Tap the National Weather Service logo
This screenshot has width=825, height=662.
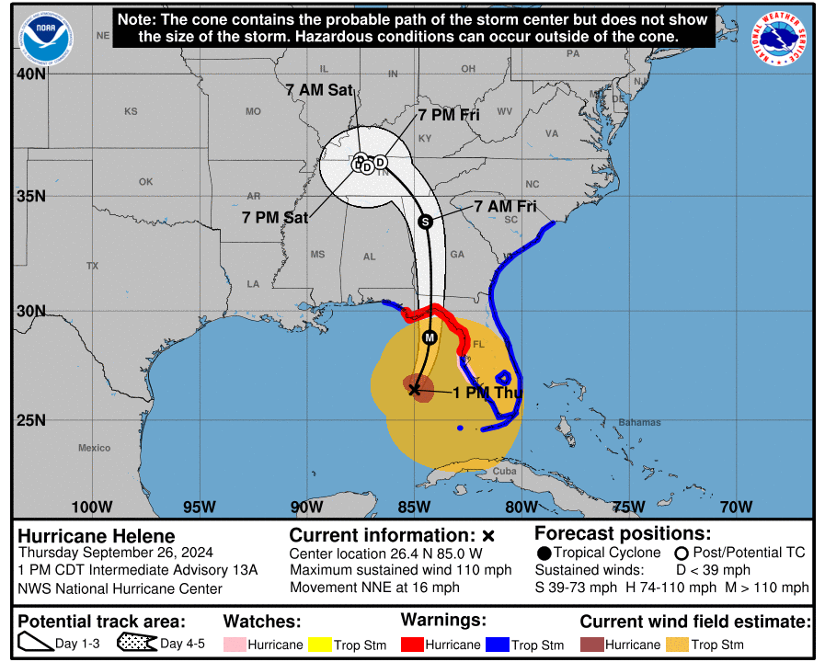[x=781, y=38]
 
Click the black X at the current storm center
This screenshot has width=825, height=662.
[x=414, y=390]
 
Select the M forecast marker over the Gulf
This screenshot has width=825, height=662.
[x=430, y=337]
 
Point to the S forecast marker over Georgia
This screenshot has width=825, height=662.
[x=425, y=222]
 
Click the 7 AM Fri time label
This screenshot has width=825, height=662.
[x=505, y=207]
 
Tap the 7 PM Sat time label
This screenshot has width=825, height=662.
[x=275, y=218]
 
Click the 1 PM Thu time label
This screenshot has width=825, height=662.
[x=487, y=393]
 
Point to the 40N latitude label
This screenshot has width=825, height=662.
[x=30, y=74]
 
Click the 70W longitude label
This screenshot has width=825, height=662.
[x=736, y=507]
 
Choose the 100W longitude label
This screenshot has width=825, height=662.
[x=92, y=507]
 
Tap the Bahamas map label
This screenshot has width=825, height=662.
[x=639, y=423]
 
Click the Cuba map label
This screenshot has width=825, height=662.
[x=505, y=471]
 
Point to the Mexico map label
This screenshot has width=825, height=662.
[x=94, y=448]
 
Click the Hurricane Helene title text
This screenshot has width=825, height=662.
[x=97, y=536]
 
